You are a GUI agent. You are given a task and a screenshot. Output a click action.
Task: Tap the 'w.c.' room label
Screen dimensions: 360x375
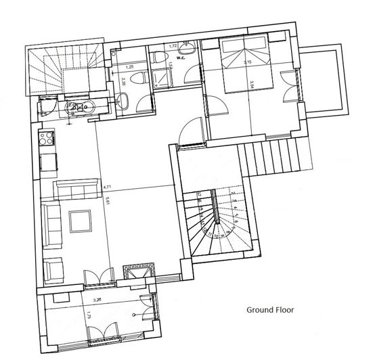pos(181,57)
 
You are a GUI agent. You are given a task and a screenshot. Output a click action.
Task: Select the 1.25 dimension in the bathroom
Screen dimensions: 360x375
pos(131,68)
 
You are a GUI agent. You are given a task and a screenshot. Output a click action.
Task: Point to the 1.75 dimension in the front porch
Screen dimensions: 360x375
pos(89,315)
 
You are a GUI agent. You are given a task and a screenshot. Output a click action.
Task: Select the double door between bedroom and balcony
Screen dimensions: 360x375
pos(292,86)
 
